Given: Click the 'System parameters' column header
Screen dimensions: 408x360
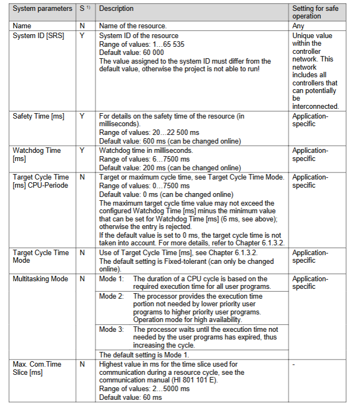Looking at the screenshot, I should [x=42, y=9].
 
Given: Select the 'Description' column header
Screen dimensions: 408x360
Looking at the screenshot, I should [x=116, y=9].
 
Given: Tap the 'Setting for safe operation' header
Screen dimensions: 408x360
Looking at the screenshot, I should [x=313, y=13].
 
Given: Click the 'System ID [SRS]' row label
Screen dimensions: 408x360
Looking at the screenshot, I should [x=38, y=35].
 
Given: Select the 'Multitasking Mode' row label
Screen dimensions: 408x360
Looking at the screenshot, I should [x=41, y=279].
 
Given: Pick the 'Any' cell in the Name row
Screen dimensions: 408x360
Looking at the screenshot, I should [x=299, y=26].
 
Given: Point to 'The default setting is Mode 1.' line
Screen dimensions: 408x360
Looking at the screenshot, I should [x=144, y=355].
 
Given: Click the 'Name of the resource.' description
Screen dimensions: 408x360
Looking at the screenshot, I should [x=132, y=26].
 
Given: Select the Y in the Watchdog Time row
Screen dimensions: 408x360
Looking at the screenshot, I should [x=82, y=150].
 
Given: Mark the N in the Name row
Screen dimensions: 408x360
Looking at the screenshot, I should [x=82, y=26].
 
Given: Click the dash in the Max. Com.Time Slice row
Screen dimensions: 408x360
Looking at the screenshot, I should [x=294, y=364].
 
